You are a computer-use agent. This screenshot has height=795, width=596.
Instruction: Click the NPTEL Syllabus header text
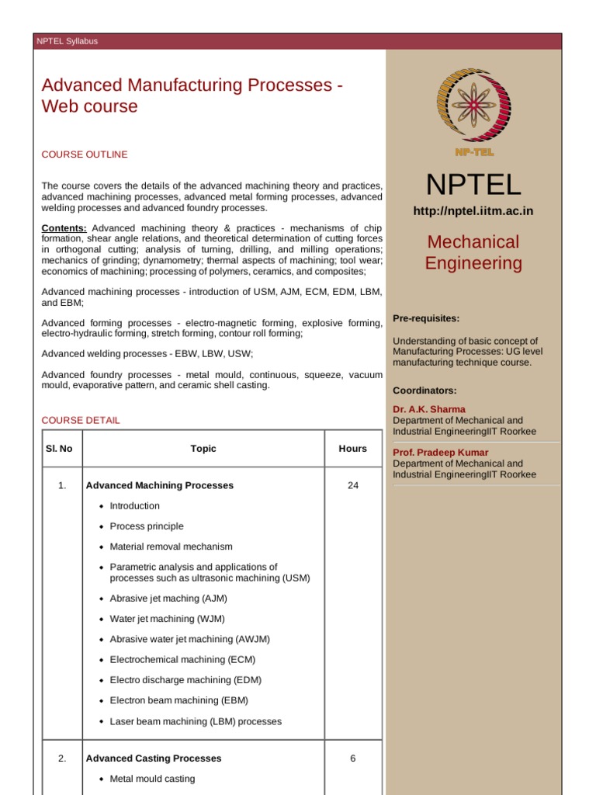tap(67, 41)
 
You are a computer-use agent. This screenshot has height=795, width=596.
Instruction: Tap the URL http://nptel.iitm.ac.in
tap(473, 211)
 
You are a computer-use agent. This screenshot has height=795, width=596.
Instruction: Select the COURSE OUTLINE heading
tap(85, 154)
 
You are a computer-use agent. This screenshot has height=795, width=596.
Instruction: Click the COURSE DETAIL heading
tap(81, 420)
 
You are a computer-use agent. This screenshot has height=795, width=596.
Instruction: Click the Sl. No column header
tap(60, 448)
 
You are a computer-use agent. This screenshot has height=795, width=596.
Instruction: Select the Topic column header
tap(203, 448)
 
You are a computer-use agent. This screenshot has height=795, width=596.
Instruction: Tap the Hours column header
tap(353, 448)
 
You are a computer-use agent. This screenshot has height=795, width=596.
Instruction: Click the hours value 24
tap(353, 485)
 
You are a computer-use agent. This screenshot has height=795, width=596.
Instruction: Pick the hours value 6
tap(353, 758)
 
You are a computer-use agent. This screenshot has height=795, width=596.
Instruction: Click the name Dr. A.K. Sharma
tap(429, 409)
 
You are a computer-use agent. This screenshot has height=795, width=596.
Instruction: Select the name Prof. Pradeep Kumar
tap(441, 453)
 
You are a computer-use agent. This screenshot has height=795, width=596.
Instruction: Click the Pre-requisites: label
tap(426, 318)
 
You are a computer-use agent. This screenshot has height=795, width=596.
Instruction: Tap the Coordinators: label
tap(424, 391)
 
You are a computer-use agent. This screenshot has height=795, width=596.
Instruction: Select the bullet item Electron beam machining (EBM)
tap(179, 700)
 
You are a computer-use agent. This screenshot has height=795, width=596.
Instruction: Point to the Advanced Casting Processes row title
tap(154, 758)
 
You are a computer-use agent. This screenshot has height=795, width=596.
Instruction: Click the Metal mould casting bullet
tap(153, 779)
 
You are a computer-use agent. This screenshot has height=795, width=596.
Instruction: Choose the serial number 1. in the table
tap(62, 485)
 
